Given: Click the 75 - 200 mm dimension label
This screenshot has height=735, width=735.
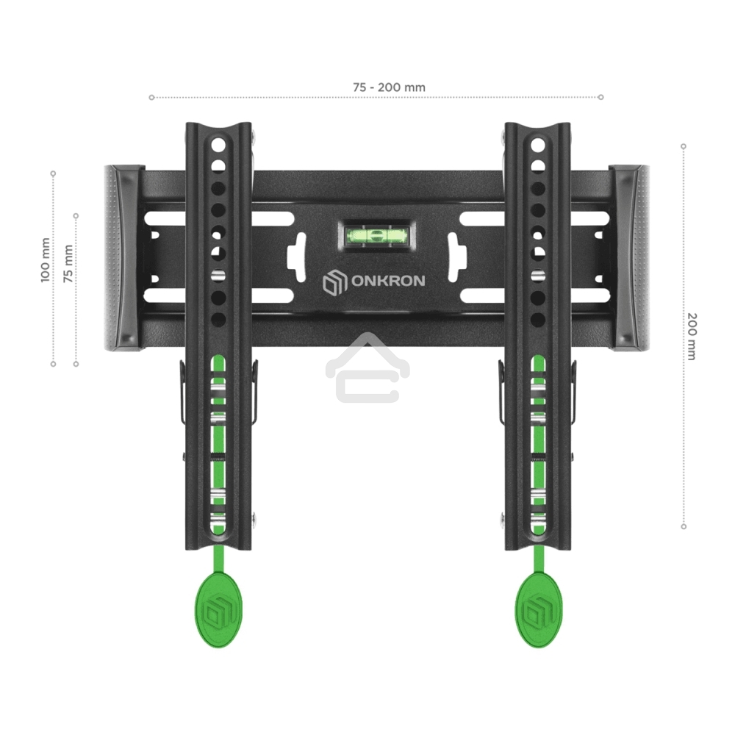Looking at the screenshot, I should coord(389,87).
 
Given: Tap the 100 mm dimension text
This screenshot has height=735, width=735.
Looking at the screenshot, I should coord(46,260).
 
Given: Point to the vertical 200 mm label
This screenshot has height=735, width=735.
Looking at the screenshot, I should coord(691,336).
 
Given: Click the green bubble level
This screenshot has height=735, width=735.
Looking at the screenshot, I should coord(375,236).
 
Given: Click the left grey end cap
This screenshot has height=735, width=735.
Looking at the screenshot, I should coord(122,257).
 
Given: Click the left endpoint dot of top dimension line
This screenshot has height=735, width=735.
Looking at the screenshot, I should coord(151,97).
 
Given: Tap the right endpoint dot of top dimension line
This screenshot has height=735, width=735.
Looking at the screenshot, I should coord(601,97).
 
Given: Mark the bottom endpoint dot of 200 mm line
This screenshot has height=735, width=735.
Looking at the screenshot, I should coord(684,526).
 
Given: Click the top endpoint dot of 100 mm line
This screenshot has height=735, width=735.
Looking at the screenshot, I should coord(53,173).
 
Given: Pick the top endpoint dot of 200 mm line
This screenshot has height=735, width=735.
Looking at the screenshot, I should coord(684,146).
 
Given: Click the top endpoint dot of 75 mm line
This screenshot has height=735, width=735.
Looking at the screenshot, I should coord(76,215).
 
